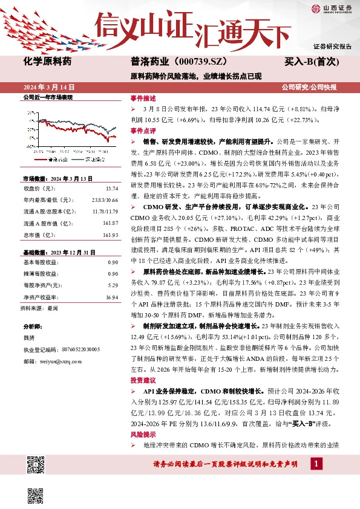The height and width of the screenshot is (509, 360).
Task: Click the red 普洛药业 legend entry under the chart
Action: pyautogui.click(x=56, y=160)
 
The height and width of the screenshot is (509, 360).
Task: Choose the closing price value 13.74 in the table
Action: pyautogui.click(x=112, y=189)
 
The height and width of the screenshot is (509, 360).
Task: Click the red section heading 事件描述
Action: pyautogui.click(x=143, y=97)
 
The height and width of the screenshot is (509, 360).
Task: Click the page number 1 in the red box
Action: pyautogui.click(x=316, y=464)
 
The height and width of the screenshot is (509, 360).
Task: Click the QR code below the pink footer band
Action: pyautogui.click(x=36, y=494)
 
